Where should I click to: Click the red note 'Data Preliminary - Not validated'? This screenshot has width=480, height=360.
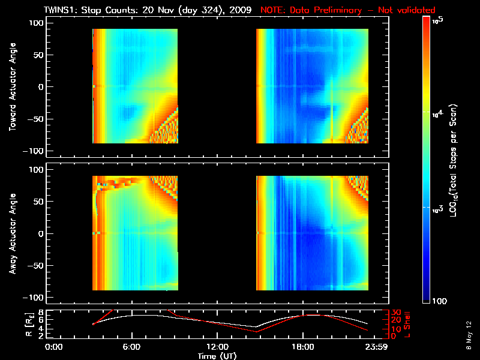pos(348,10)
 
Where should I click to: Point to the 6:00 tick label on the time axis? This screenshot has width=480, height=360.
pos(131,347)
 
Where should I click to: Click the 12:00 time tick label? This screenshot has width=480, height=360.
pos(217,347)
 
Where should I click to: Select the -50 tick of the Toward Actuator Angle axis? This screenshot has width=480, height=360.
pos(35,118)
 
